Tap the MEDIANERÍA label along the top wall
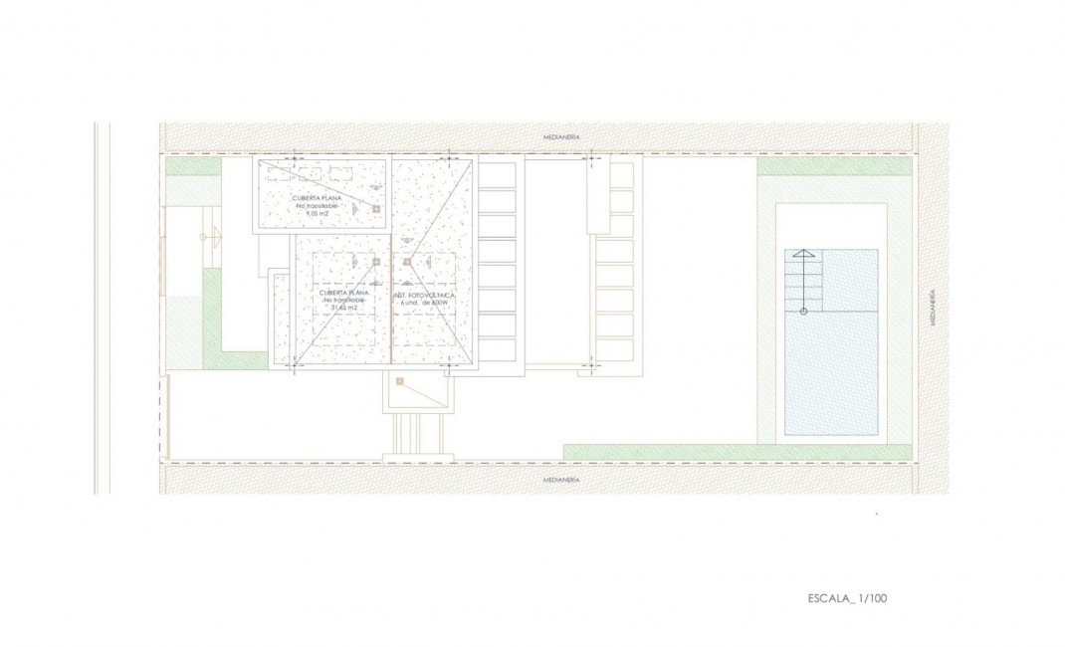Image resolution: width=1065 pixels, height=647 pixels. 561,135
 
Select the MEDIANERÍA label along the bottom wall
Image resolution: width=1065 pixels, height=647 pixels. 561,480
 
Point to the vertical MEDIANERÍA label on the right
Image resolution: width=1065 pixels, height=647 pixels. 933,309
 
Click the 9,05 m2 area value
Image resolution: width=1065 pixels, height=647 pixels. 318,214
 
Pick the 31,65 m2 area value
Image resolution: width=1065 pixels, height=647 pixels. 343,308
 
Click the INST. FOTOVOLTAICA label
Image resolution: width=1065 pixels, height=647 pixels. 425,296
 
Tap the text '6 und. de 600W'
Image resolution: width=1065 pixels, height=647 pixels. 425,304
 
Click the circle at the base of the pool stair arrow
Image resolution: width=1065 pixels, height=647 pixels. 803,312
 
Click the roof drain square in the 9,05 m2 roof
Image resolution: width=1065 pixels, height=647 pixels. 376,209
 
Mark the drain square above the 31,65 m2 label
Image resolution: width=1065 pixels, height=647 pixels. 376,261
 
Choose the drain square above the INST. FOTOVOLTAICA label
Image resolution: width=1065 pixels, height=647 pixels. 407,262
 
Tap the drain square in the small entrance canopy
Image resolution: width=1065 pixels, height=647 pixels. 399,381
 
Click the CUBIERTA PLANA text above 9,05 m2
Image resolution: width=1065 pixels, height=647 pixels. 318,198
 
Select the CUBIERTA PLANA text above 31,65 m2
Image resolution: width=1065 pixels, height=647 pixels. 343,293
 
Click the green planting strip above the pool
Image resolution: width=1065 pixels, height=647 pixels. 834,168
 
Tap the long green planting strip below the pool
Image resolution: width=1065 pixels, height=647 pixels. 737,452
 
